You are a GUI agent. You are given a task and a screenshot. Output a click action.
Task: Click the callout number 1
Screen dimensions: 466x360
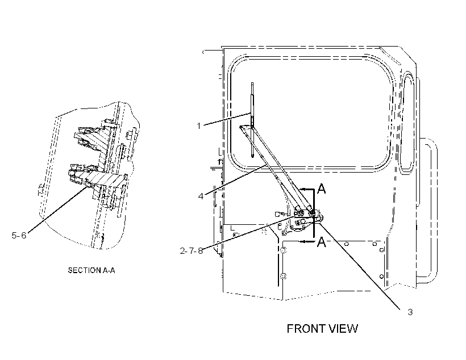coord(199,126)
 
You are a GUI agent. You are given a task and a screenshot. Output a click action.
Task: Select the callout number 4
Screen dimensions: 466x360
coord(201,196)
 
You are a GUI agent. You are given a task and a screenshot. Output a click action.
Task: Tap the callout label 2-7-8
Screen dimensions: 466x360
coord(192,250)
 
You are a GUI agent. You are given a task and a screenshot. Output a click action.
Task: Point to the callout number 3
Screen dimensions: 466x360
coord(410,312)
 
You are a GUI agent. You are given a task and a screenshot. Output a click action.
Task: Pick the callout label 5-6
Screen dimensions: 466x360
coord(19,236)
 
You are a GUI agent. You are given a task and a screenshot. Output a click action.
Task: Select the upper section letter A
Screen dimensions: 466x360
coord(322,189)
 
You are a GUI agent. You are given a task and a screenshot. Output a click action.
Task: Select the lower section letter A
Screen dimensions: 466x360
coord(322,242)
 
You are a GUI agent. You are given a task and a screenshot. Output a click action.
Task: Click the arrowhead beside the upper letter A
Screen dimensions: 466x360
coord(302,189)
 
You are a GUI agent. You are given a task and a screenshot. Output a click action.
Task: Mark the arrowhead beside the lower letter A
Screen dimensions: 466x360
coord(302,241)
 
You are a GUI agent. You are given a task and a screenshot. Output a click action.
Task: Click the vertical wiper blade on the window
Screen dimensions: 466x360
coord(252,120)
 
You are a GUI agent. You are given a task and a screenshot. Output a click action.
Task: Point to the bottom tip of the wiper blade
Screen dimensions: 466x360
coord(252,157)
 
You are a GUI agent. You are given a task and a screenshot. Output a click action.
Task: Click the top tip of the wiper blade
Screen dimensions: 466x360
coord(252,83)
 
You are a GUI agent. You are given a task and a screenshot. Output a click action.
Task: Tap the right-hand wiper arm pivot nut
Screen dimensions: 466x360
coord(312,212)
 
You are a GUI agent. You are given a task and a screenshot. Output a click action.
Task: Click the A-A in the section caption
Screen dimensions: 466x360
coord(109,270)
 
